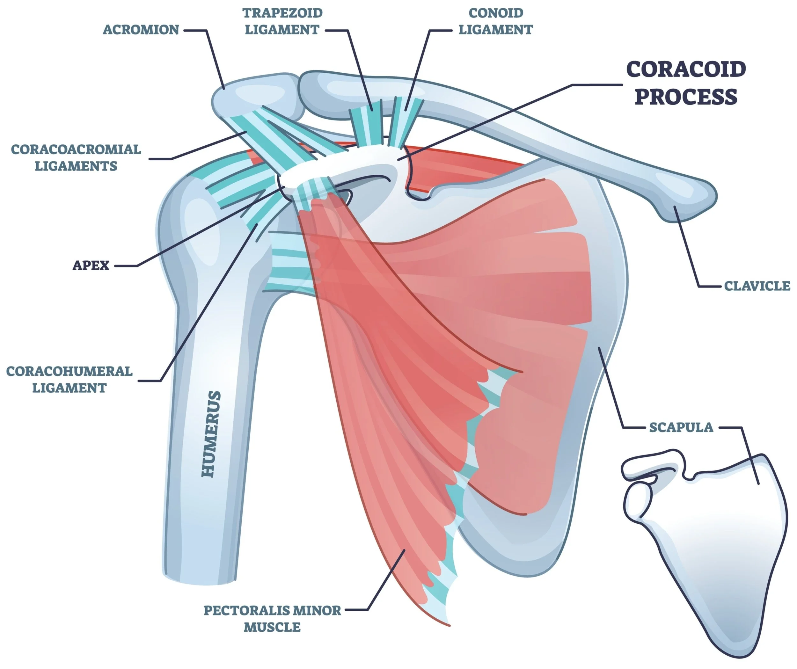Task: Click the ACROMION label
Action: (141, 30)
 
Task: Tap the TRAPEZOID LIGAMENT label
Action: (282, 21)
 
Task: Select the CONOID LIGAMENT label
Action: (496, 21)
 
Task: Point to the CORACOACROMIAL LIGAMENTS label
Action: (76, 157)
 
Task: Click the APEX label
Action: (91, 265)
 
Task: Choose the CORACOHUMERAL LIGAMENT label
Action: (69, 380)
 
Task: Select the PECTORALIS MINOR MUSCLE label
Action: (272, 619)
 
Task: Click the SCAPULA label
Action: (681, 427)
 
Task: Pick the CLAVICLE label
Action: (757, 286)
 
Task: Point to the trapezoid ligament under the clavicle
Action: (366, 123)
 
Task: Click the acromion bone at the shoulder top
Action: (254, 93)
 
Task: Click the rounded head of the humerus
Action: (190, 228)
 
